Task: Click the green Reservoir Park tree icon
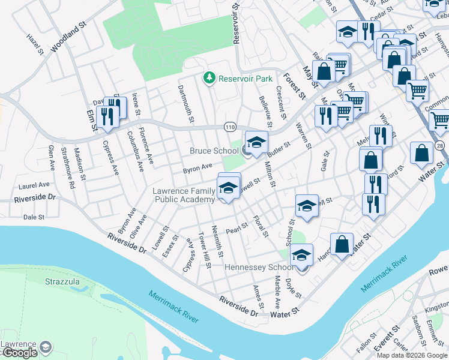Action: (209, 78)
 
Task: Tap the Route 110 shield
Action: (231, 127)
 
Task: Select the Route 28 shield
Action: (441, 146)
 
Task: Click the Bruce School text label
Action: (214, 151)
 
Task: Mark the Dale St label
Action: (34, 217)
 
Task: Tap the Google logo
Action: (19, 353)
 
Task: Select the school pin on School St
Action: (306, 205)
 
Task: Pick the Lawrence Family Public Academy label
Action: (184, 195)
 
